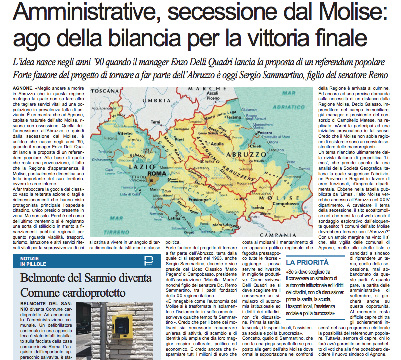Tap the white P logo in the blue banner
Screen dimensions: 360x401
click(x=148, y=261)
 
